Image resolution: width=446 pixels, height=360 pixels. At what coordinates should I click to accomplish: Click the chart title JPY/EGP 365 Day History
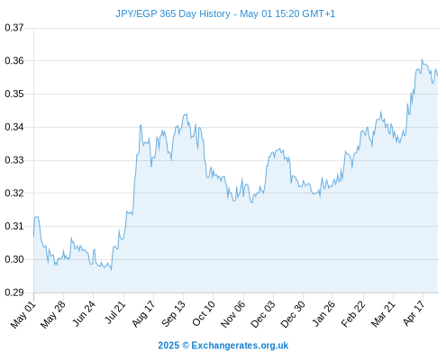click(x=173, y=13)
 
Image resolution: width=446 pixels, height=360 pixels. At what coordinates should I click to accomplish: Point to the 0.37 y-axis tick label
click(x=14, y=28)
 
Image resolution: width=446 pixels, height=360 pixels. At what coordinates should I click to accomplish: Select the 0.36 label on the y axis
click(x=14, y=61)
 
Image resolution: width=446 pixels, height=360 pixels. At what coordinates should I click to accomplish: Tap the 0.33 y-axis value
click(x=14, y=160)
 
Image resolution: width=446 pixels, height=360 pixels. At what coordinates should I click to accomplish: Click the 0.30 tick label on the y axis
click(x=14, y=259)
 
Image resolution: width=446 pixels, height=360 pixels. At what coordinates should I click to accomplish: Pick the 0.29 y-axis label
click(x=14, y=292)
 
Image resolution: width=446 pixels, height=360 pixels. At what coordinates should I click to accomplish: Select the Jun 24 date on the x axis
click(x=84, y=313)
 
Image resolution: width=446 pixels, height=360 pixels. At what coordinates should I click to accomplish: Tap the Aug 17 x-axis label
click(x=143, y=314)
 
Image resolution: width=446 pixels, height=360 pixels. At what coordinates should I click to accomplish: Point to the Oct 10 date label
click(x=204, y=313)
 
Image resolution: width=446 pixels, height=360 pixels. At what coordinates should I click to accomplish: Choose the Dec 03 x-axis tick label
click(x=263, y=314)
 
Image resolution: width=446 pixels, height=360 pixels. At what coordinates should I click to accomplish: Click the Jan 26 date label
click(x=323, y=313)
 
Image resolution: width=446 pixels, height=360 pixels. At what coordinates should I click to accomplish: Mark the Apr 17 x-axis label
click(x=414, y=313)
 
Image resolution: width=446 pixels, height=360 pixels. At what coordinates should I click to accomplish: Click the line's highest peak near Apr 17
click(x=422, y=58)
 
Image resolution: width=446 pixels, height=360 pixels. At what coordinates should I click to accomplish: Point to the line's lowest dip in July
click(x=112, y=270)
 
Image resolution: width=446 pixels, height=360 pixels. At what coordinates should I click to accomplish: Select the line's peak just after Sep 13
click(x=187, y=114)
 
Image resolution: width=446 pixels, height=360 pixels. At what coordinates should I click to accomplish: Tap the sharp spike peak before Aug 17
click(x=141, y=125)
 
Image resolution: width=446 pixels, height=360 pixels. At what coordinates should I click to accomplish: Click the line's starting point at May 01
click(x=33, y=236)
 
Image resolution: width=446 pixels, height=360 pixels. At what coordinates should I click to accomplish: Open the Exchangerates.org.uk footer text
click(x=240, y=346)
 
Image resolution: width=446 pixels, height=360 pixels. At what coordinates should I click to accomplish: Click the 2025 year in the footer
click(x=168, y=346)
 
